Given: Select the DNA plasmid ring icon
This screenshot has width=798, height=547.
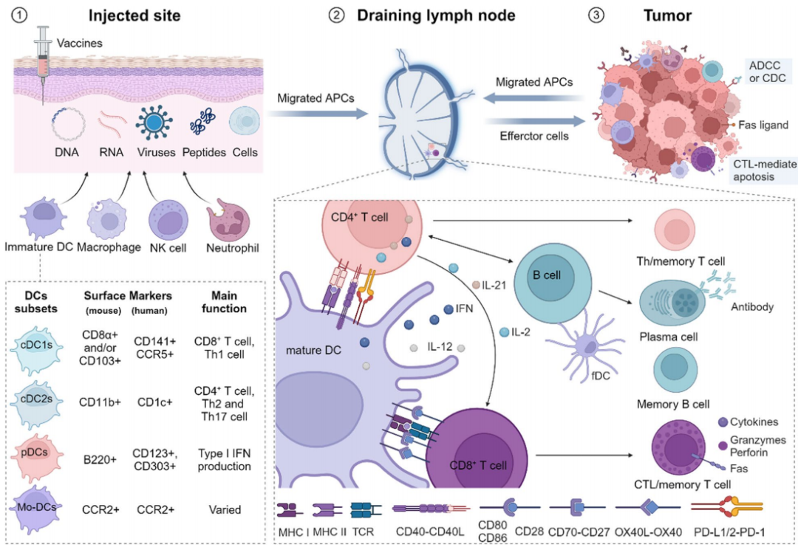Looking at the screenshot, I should click(x=67, y=123).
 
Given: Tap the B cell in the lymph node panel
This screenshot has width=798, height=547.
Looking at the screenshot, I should click(x=553, y=283).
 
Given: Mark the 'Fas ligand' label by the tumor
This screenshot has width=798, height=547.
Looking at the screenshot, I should click(x=762, y=125).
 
